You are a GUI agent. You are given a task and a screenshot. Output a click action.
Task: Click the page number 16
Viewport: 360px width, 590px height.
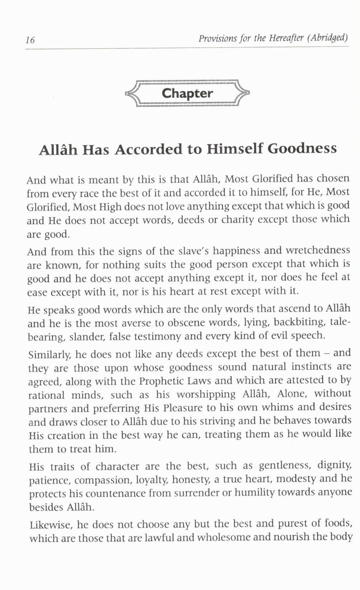[x=30, y=40]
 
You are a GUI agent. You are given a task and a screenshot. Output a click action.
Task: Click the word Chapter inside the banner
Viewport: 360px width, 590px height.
[x=187, y=93]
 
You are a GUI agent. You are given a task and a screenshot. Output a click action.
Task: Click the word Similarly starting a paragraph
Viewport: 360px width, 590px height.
[x=47, y=354]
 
